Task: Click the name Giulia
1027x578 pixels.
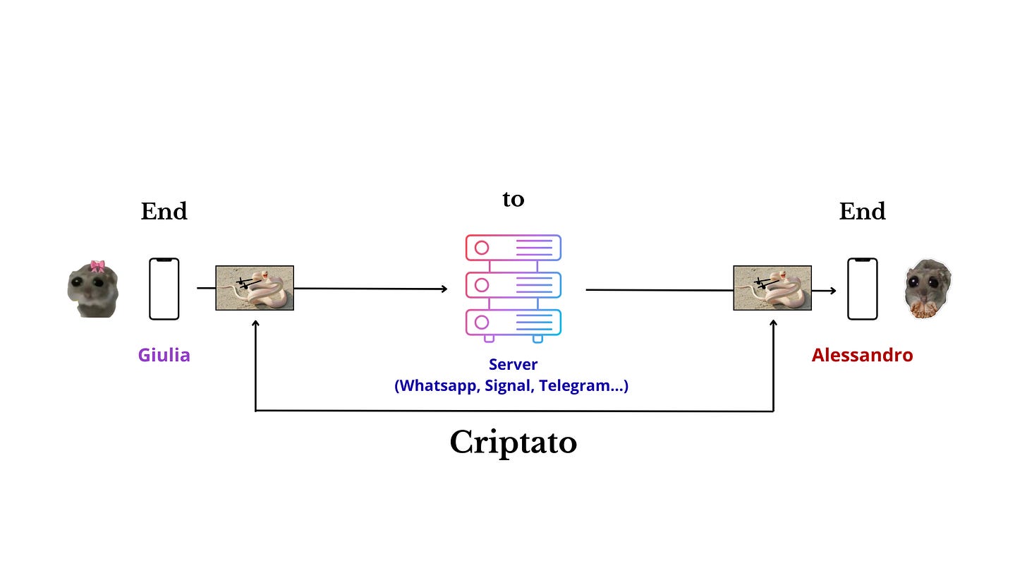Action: click(164, 354)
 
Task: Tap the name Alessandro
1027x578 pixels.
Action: click(862, 354)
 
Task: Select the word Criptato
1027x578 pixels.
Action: click(513, 442)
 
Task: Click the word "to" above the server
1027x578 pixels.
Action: click(513, 199)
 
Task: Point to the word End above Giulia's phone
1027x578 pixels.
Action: click(164, 211)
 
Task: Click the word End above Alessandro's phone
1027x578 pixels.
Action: click(862, 211)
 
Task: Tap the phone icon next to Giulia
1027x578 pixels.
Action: click(164, 289)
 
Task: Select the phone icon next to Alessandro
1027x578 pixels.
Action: click(862, 289)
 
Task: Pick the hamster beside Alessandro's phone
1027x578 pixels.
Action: click(928, 289)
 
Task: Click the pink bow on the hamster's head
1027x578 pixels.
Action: click(97, 266)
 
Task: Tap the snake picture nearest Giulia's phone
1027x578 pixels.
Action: click(254, 288)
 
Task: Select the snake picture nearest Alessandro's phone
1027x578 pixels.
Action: click(772, 288)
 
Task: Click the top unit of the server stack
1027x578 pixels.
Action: click(513, 248)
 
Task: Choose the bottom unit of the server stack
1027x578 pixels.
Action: click(513, 323)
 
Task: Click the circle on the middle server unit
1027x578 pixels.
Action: click(482, 285)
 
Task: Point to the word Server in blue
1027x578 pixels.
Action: click(513, 365)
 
